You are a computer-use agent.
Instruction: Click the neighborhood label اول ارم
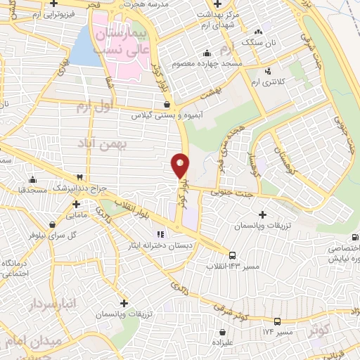click(94, 107)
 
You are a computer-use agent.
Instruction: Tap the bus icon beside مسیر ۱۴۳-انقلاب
click(233, 255)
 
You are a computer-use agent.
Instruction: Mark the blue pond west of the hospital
click(84, 46)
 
